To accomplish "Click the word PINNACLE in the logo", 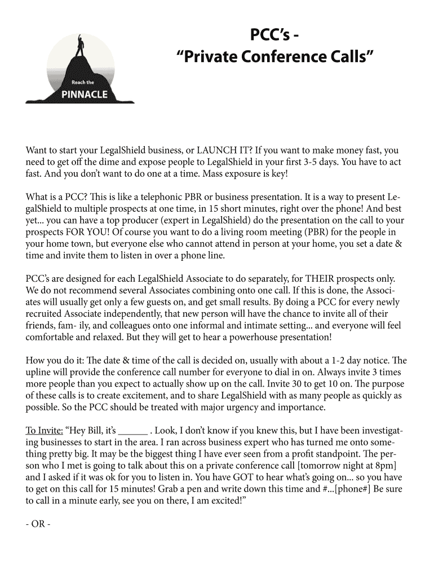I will click(84, 94).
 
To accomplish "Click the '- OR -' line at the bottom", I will click(38, 524).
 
